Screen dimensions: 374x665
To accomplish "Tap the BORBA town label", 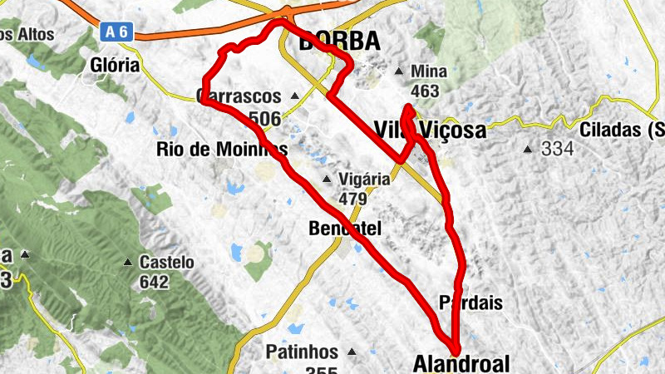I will (338, 41).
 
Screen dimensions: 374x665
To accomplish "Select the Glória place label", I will (116, 66).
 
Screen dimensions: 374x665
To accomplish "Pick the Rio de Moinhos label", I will (221, 150).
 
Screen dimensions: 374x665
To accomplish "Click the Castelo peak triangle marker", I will (128, 262).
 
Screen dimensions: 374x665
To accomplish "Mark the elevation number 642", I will (153, 282).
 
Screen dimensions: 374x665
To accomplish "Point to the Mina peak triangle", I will (400, 71).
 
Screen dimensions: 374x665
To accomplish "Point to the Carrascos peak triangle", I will (294, 96).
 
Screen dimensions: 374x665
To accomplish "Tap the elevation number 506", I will (264, 119).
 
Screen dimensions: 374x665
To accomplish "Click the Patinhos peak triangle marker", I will (351, 352).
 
